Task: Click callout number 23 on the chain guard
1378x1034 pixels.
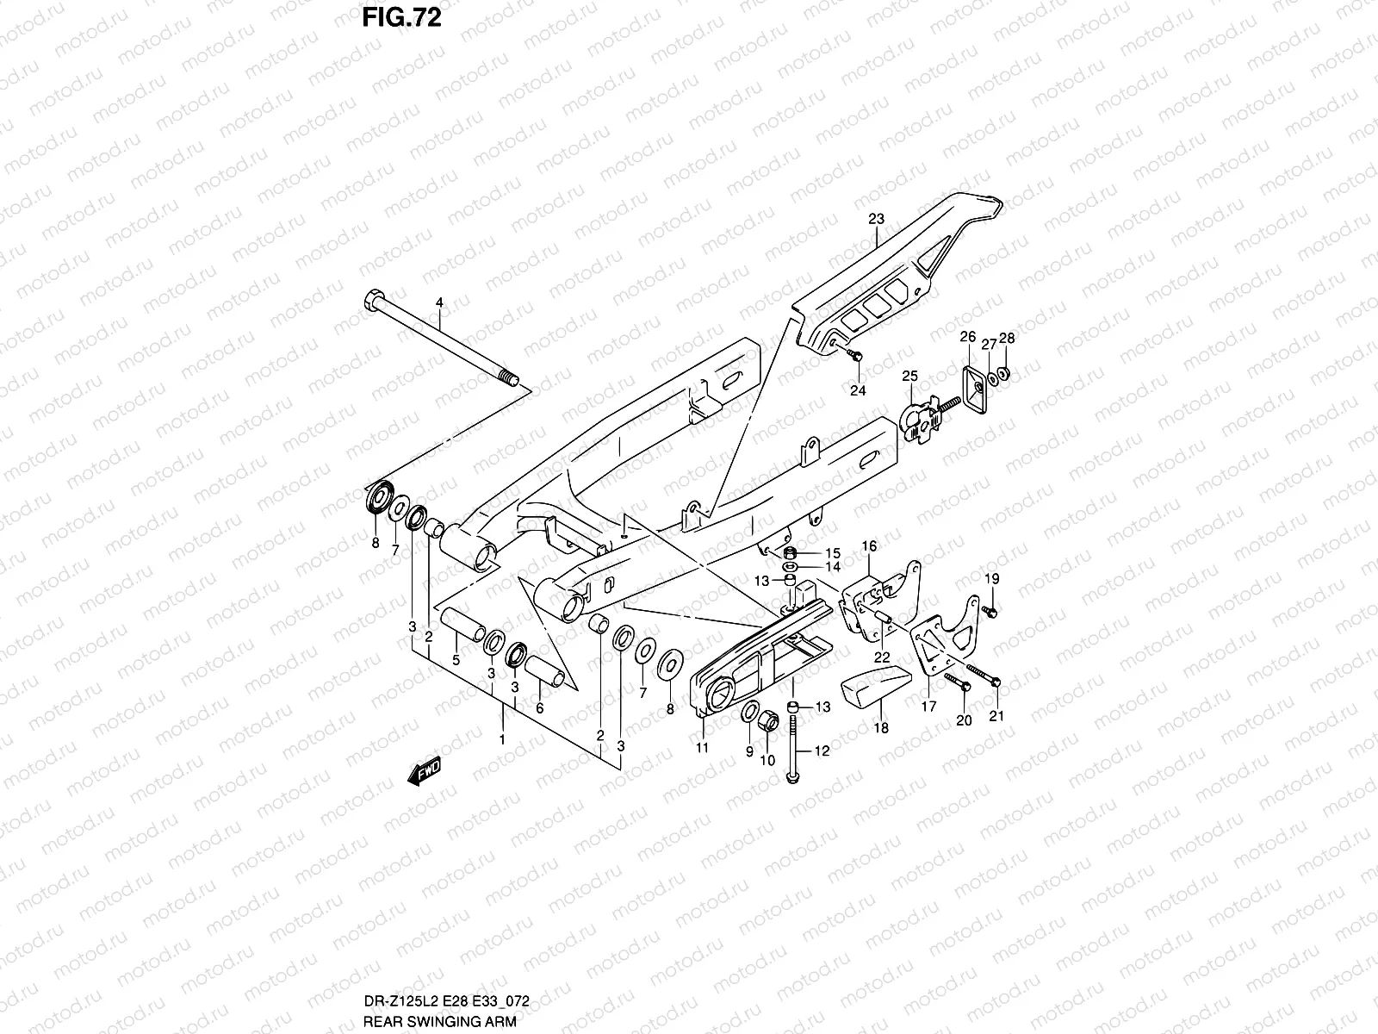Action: (x=876, y=220)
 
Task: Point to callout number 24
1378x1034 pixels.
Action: (x=857, y=390)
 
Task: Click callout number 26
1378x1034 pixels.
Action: (x=967, y=337)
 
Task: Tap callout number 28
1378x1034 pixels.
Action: (x=1006, y=339)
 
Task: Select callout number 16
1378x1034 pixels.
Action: (x=870, y=546)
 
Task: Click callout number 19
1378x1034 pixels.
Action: (x=992, y=578)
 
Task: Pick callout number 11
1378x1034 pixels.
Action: (x=702, y=748)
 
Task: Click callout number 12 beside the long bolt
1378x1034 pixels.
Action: (x=822, y=751)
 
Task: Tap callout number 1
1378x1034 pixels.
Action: (x=502, y=739)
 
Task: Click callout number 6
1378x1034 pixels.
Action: (x=540, y=708)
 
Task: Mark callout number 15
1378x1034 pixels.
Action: (x=832, y=552)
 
